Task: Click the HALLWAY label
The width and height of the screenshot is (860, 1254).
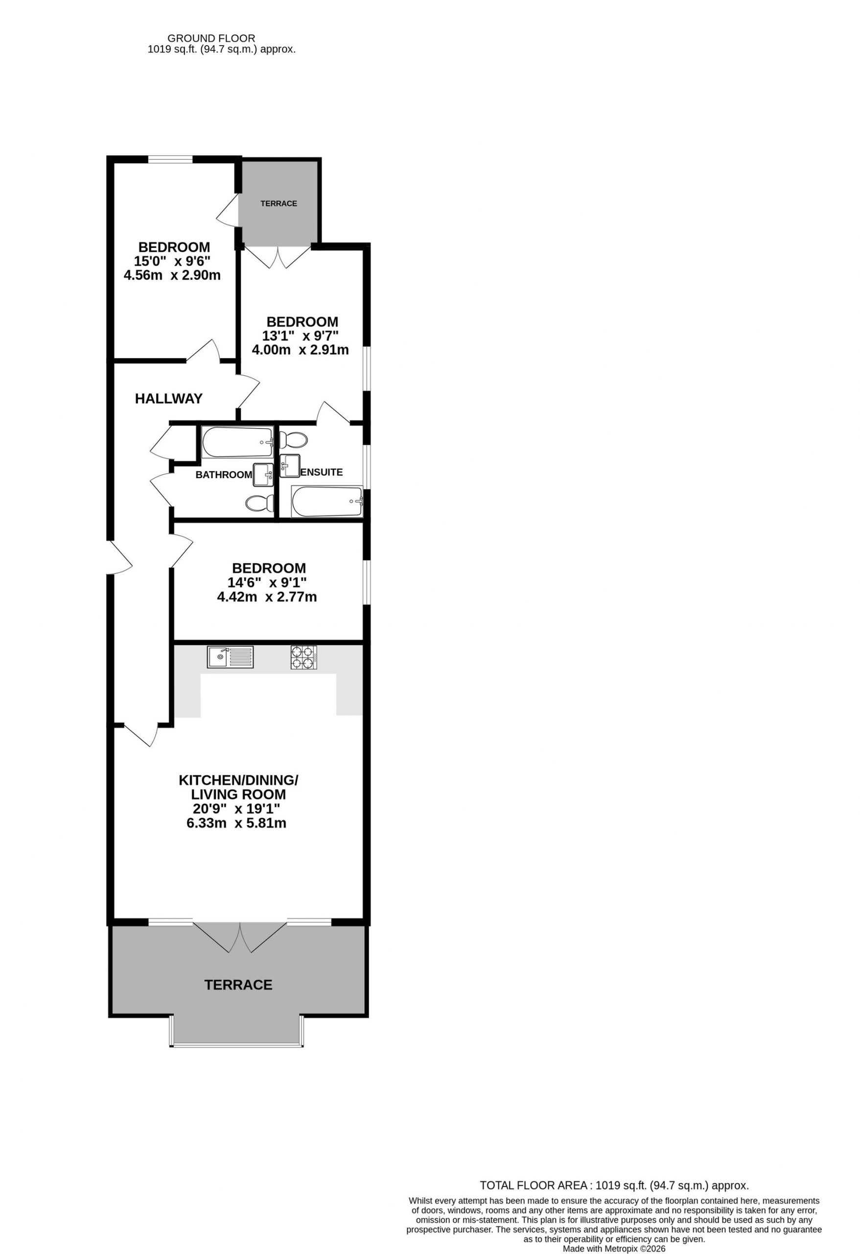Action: [x=169, y=399]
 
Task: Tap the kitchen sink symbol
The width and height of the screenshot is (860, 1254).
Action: [x=230, y=657]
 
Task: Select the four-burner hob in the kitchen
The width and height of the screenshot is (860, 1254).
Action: [x=304, y=657]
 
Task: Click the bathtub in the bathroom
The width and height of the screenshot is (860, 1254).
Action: [x=238, y=442]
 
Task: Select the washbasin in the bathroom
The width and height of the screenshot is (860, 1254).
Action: [x=263, y=475]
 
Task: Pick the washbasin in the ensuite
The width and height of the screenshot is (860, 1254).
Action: [x=290, y=466]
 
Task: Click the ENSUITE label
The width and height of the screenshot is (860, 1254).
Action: [x=322, y=472]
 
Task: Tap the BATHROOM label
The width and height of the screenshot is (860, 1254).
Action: [x=224, y=475]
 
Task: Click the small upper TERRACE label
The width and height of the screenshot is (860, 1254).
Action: [x=279, y=203]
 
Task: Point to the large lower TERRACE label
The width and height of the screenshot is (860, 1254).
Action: [x=238, y=985]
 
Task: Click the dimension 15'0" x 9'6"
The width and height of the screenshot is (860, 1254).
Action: [x=172, y=261]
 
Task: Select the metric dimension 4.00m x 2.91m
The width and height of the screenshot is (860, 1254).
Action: [x=301, y=350]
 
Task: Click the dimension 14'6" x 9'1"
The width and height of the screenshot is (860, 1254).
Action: [x=267, y=583]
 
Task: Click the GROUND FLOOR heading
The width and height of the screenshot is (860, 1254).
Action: [x=211, y=38]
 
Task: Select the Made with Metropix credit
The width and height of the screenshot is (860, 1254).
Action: [x=614, y=1249]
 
